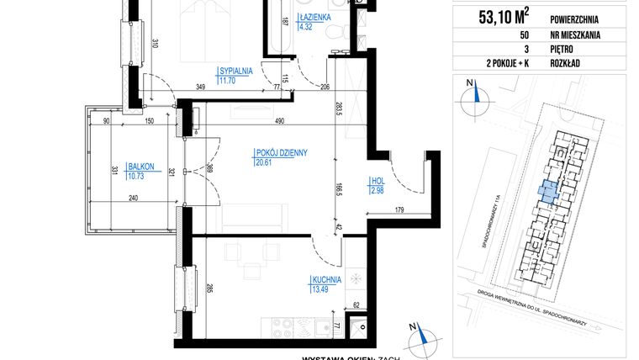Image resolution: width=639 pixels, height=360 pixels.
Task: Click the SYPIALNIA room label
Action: (x=235, y=71)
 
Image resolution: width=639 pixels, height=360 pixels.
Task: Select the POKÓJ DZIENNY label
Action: (x=281, y=152)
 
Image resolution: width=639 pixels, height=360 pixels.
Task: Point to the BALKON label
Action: (x=140, y=166)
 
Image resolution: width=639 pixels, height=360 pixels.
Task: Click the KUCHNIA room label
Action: (x=324, y=280)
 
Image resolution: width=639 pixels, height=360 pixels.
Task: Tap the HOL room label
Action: (x=378, y=183)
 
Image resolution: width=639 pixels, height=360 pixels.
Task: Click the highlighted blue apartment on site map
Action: (x=547, y=192)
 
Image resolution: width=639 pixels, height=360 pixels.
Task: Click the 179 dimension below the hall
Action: (x=401, y=209)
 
